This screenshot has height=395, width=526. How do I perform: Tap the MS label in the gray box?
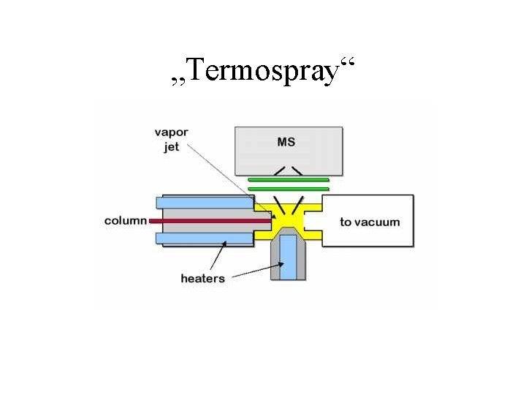[x=287, y=141]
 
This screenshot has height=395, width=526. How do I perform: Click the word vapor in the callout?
[x=171, y=133]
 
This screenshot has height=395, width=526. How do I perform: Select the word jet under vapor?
[x=171, y=146]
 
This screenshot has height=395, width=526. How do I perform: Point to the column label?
[x=126, y=220]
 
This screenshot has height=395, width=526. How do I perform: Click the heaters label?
[x=202, y=279]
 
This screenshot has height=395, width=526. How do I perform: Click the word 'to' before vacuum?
[x=346, y=222]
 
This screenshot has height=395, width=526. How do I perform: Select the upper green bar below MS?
[x=289, y=178]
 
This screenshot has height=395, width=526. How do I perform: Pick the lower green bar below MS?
[x=289, y=189]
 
